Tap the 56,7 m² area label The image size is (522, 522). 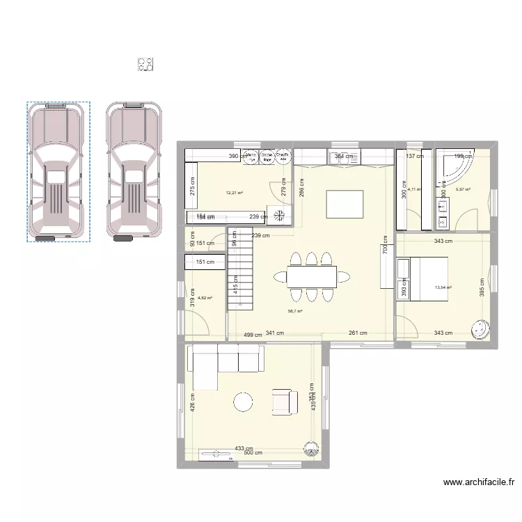coord(296,311)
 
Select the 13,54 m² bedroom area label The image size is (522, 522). coord(443,287)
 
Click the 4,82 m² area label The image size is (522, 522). coord(205,298)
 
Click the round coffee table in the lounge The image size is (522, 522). coord(244,402)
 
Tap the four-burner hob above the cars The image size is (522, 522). coord(145,65)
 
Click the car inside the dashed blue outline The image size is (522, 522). coord(58,171)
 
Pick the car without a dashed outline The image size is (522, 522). coord(134,171)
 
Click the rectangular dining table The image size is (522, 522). coord(312,276)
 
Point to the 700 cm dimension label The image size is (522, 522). coord(383,246)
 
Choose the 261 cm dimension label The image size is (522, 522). coord(358,333)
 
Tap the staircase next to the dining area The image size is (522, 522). coord(241,268)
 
